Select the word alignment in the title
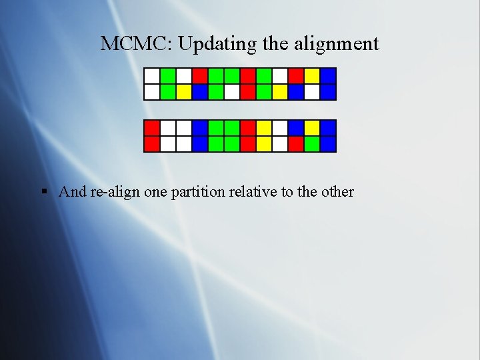pos(340,44)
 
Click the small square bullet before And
pos(44,192)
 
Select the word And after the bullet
pos(73,192)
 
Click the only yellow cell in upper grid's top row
pos(312,75)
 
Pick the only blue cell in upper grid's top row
pos(328,75)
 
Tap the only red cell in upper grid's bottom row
pos(248,91)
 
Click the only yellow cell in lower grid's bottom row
pos(264,143)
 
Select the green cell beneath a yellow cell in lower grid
pos(312,143)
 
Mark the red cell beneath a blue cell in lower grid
pos(296,143)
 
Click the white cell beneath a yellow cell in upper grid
pos(312,91)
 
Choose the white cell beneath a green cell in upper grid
pos(232,91)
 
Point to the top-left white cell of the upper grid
pos(152,75)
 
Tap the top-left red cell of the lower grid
pos(152,127)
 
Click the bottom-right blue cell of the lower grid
pos(328,143)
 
